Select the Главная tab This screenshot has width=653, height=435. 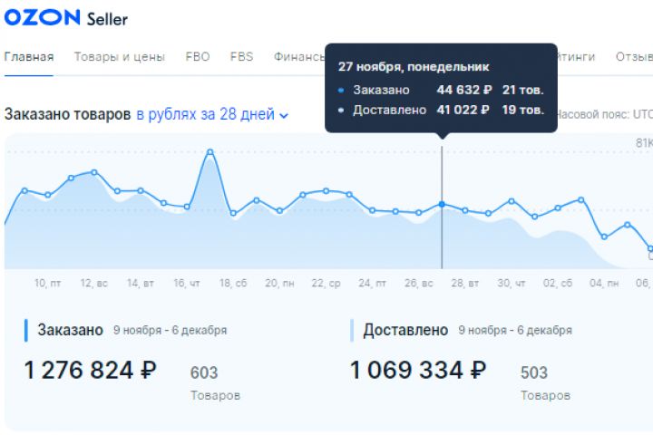[x=29, y=56]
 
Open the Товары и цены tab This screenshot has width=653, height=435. [x=120, y=56]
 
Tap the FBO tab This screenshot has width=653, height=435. [x=198, y=56]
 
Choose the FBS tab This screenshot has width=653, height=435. [x=242, y=56]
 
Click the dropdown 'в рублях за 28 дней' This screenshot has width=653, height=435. [x=212, y=115]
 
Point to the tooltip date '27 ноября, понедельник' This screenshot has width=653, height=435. [x=414, y=66]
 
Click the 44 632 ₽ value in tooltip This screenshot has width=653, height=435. [x=463, y=90]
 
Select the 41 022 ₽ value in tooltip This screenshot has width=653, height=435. [x=463, y=110]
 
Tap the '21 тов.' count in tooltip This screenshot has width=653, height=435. [x=522, y=90]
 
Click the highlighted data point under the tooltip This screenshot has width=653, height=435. [x=442, y=205]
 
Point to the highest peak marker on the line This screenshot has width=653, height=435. [x=210, y=152]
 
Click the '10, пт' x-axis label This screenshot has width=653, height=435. [x=47, y=283]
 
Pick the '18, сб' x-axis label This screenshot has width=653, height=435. [x=233, y=283]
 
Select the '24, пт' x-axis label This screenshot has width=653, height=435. [x=372, y=283]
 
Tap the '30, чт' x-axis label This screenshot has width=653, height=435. [x=511, y=283]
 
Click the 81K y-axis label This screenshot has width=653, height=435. [x=643, y=143]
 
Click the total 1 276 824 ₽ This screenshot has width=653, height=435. [x=91, y=370]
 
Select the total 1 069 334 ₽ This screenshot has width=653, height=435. [x=418, y=370]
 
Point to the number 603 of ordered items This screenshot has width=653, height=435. [x=204, y=372]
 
